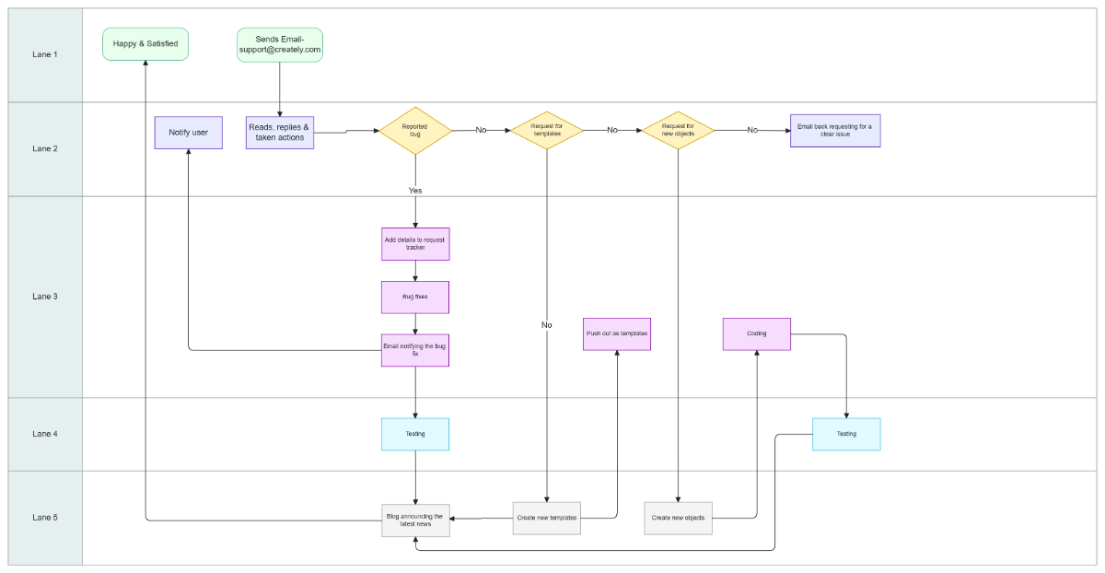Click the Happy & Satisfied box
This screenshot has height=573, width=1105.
[145, 43]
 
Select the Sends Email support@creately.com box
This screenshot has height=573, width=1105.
[280, 44]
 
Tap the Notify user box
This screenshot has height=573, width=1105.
[188, 133]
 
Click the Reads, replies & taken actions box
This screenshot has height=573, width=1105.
[280, 132]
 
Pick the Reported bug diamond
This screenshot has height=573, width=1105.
[415, 130]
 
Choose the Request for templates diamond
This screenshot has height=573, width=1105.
[547, 130]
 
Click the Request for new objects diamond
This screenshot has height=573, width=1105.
[678, 130]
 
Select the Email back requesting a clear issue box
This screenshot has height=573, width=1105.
[835, 130]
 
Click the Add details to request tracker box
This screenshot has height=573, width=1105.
[415, 244]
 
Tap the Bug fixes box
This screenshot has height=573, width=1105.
[415, 297]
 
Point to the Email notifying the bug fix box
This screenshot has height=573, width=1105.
[415, 350]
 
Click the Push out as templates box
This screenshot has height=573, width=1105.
[617, 333]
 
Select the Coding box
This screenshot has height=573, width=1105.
[757, 333]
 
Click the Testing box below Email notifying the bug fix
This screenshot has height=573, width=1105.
[415, 434]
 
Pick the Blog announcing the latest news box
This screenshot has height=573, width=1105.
[415, 520]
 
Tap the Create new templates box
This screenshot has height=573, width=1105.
[547, 518]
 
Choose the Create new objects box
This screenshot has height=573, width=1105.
[678, 518]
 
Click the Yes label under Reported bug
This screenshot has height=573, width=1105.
[415, 190]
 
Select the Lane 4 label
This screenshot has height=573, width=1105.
[44, 434]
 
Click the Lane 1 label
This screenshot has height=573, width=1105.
[44, 54]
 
